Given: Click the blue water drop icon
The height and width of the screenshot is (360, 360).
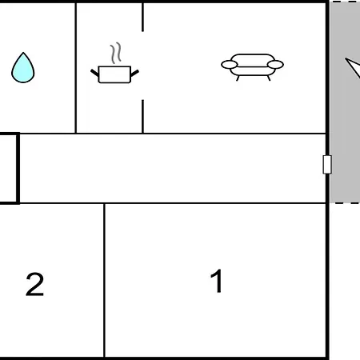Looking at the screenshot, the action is (23, 68).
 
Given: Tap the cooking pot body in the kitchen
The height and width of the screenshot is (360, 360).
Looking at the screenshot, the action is (114, 74).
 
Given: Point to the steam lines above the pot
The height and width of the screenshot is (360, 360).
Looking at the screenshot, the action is (116, 53).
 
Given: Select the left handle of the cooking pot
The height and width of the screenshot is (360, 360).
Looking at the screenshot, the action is (94, 73).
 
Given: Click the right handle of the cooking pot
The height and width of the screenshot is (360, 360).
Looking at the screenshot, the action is (134, 73).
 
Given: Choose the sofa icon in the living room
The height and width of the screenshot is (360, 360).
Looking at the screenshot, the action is (252, 66).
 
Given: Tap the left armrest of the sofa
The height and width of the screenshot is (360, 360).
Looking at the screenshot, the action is (230, 65).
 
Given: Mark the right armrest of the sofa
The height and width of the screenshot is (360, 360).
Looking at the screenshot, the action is (275, 65).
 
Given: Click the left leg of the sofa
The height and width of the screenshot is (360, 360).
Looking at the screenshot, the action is (238, 78).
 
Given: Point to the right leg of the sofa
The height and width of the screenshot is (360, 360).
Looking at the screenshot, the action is (269, 78).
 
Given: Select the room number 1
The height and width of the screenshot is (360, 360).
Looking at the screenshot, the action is (217, 281).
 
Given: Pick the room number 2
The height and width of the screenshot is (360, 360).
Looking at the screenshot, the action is (34, 284).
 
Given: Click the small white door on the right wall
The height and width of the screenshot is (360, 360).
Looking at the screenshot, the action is (327, 165).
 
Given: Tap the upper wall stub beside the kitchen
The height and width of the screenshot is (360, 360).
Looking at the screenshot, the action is (142, 17).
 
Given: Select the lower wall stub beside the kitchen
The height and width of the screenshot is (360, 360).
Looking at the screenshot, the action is (142, 116).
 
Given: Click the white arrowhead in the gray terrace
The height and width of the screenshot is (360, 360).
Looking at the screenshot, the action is (354, 66).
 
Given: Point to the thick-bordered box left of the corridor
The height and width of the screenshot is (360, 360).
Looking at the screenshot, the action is (18, 168).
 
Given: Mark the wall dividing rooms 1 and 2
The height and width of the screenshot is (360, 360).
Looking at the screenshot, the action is (104, 280).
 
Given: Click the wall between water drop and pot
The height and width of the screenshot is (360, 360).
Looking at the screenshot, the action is (76, 68).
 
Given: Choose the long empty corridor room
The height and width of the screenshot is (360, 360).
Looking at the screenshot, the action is (173, 168).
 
